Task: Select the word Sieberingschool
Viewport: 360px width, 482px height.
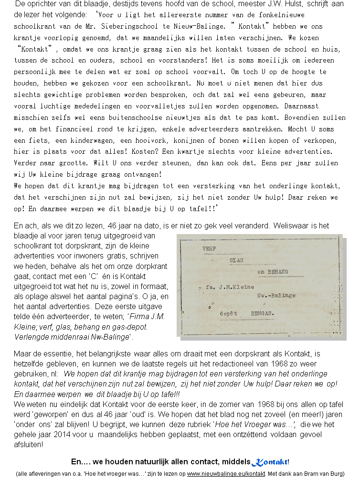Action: [x=133, y=26]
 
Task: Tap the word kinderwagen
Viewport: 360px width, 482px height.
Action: [x=76, y=140]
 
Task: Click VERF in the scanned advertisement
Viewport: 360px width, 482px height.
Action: [x=209, y=249]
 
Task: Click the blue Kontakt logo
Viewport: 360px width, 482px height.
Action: [x=270, y=462]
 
